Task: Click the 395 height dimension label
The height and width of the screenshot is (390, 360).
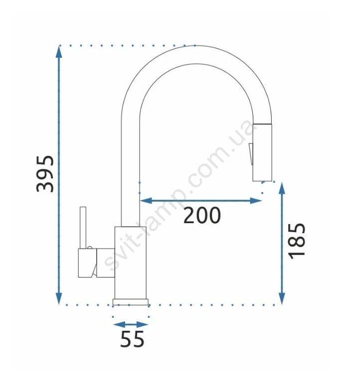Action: (x=45, y=174)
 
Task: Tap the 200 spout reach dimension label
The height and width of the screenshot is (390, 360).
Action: (x=202, y=215)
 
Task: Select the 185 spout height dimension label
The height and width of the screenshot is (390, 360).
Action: (x=297, y=241)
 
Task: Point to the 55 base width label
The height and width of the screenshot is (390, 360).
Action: (x=132, y=339)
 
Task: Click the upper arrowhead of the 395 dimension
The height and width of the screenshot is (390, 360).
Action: (x=59, y=51)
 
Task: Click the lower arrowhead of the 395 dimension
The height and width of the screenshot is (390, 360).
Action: (x=59, y=298)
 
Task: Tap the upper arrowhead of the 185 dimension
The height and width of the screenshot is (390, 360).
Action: (x=282, y=188)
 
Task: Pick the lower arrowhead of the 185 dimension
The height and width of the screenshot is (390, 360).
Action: (x=282, y=298)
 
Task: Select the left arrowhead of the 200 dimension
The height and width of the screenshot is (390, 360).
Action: (x=146, y=200)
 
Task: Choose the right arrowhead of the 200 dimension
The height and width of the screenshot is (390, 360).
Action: (x=256, y=200)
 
